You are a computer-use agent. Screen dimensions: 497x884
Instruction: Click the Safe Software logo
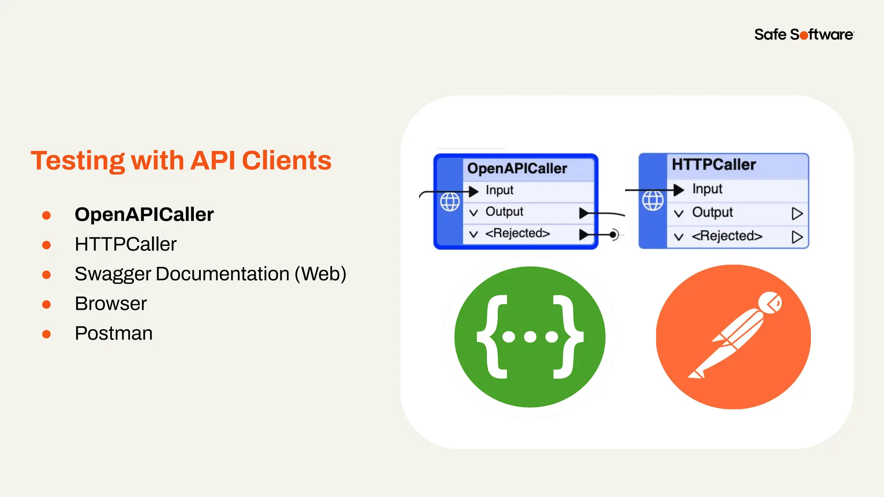point(803,35)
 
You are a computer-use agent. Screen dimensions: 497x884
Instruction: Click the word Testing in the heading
point(78,161)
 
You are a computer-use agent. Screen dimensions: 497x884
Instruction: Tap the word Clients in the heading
point(287,161)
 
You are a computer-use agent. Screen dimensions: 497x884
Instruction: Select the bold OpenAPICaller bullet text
point(144,215)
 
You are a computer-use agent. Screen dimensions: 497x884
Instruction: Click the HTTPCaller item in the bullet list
point(126,245)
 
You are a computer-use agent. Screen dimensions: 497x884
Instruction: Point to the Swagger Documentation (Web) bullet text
point(210,274)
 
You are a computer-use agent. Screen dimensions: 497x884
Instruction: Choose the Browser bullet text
point(110,304)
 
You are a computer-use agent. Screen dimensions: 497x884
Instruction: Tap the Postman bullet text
point(114,333)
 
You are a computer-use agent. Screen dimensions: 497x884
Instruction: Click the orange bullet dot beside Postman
point(47,334)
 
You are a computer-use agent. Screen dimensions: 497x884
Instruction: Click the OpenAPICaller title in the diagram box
point(517,169)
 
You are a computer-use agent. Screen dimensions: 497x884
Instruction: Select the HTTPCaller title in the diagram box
point(714,165)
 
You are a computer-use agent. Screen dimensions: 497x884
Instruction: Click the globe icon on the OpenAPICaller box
point(450,202)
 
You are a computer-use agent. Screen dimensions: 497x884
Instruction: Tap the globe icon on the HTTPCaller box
point(653,201)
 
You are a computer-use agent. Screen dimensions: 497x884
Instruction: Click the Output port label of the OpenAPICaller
point(504,212)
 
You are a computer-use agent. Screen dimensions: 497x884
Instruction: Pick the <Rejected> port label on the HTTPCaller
point(727,236)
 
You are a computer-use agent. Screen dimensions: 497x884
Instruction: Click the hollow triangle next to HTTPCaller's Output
point(797,214)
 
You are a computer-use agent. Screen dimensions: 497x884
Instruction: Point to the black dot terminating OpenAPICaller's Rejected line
point(613,235)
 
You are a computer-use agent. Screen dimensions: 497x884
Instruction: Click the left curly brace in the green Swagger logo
point(492,337)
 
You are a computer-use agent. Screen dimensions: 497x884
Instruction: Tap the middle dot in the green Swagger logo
point(530,337)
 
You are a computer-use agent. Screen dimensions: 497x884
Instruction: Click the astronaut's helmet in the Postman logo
point(770,302)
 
